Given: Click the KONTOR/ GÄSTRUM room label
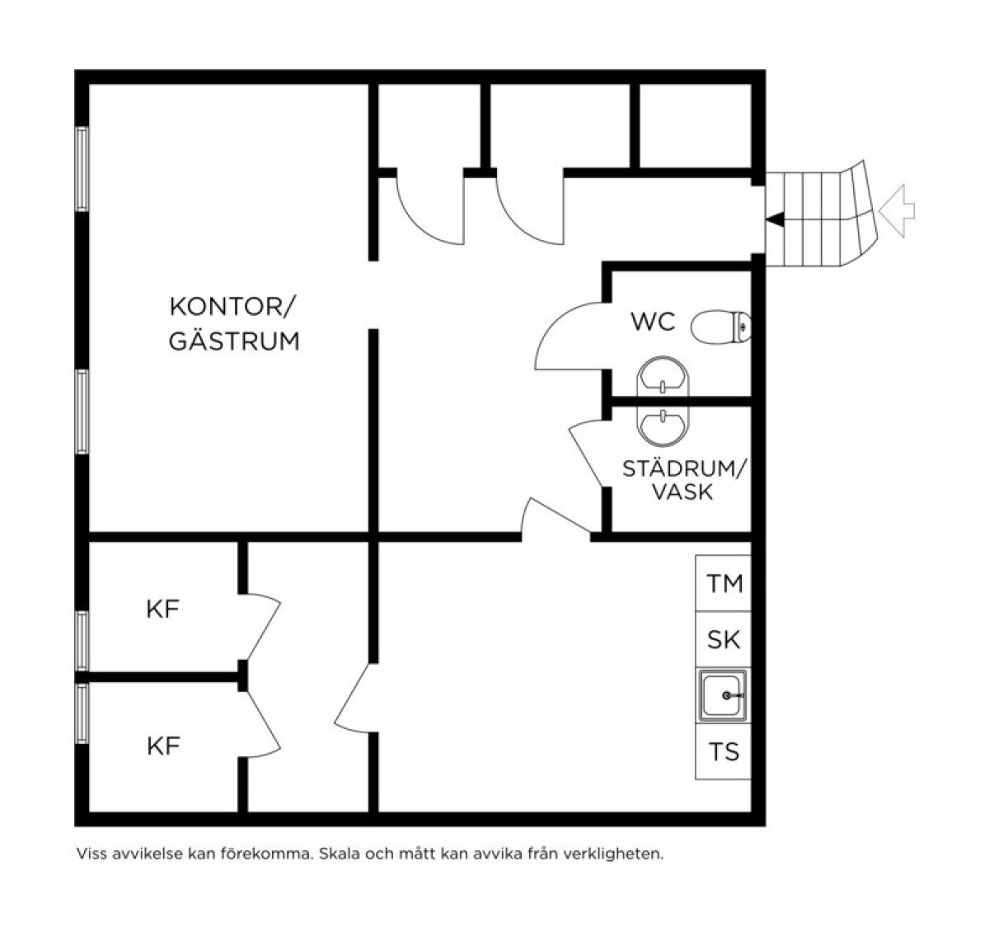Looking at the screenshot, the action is [234, 324].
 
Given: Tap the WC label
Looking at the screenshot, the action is [653, 322].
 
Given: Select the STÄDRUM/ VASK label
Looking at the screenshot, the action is [685, 481].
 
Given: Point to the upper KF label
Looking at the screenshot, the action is [163, 609].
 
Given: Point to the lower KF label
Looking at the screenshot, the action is [163, 746].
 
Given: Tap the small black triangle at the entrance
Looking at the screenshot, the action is [775, 219].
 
